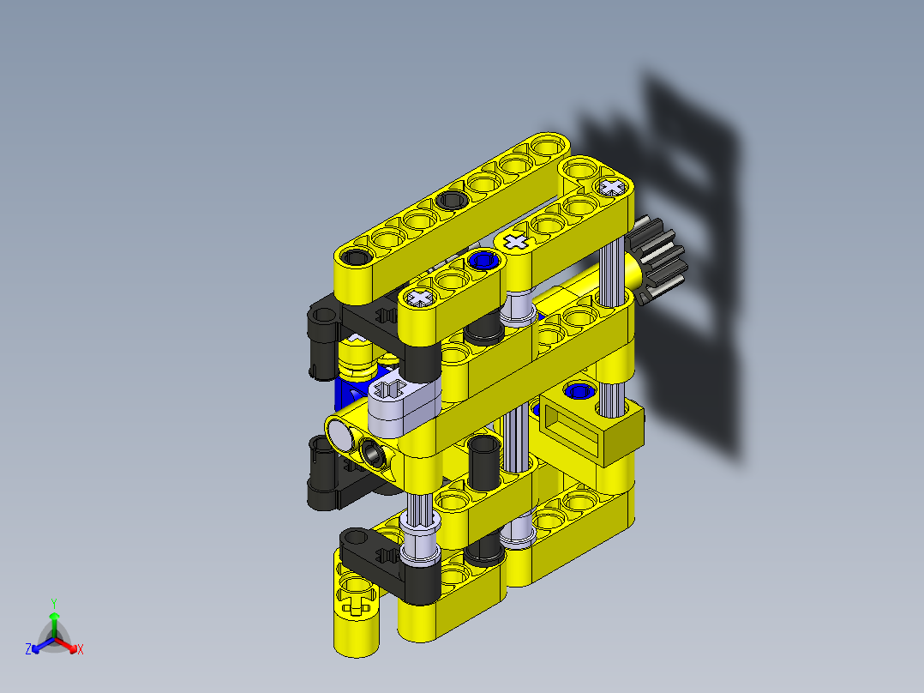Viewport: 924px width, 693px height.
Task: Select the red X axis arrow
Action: (72, 648)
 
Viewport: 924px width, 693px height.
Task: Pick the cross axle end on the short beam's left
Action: (420, 298)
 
